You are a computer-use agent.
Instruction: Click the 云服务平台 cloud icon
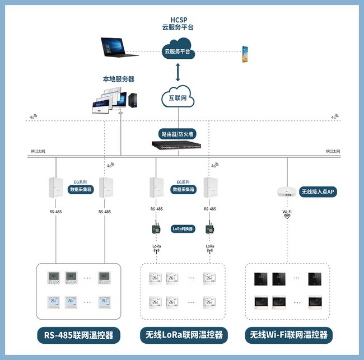coord(179,50)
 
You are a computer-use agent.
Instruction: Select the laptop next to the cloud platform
coord(119,48)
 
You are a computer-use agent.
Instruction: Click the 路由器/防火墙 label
coord(178,134)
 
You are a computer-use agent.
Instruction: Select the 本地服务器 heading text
coord(118,79)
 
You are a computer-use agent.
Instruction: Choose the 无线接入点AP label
coord(318,191)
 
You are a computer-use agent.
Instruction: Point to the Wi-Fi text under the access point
coord(286,211)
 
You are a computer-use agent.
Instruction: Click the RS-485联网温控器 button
coord(78,335)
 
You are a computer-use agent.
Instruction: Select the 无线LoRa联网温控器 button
coord(184,335)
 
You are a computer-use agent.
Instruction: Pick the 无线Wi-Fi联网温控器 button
coord(289,335)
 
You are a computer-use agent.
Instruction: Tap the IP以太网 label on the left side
coord(38,152)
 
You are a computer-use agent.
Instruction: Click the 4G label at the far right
coord(334,117)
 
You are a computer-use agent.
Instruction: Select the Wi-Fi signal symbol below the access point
coord(286,217)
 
